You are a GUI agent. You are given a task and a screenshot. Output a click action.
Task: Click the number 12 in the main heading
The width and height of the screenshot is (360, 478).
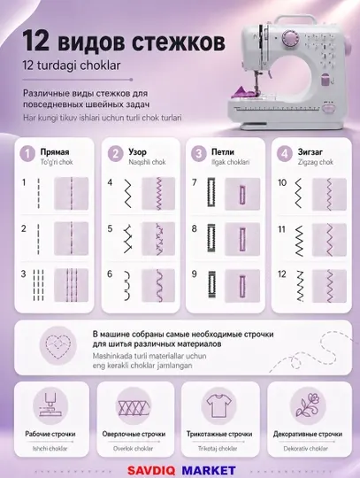(x=35, y=41)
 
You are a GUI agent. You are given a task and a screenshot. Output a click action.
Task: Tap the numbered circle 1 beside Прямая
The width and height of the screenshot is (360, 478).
(x=27, y=153)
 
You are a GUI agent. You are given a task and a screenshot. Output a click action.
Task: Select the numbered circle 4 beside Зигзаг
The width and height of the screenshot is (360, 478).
(x=285, y=153)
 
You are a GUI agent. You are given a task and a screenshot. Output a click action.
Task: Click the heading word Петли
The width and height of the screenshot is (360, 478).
(x=223, y=152)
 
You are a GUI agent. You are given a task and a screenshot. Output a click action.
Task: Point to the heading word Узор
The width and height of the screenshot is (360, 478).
(x=137, y=152)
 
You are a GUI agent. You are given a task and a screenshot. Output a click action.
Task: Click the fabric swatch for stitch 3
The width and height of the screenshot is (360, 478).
(x=72, y=285)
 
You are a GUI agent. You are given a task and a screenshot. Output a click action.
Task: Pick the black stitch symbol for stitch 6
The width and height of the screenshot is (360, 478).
(x=127, y=285)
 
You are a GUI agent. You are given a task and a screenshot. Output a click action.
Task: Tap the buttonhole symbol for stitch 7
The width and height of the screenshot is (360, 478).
(x=211, y=192)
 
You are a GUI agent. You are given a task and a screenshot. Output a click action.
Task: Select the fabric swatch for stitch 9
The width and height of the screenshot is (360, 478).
(x=242, y=286)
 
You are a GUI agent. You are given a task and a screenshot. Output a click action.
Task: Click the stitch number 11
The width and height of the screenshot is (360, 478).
(x=282, y=229)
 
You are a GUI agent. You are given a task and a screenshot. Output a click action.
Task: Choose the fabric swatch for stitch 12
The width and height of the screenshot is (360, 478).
(x=329, y=286)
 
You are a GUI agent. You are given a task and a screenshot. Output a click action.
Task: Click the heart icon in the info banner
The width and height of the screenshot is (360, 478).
(x=58, y=345)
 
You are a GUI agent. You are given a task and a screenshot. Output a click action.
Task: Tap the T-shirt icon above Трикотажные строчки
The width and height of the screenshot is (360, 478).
(x=218, y=406)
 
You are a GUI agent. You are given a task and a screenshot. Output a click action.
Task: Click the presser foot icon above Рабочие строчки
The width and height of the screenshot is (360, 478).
(x=50, y=405)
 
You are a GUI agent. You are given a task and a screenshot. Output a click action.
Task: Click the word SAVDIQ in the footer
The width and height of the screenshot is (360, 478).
(x=151, y=470)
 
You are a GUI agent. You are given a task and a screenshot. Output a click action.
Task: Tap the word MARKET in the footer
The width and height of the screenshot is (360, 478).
(x=209, y=470)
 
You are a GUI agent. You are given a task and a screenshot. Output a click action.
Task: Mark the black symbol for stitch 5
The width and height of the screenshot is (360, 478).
(x=127, y=239)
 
